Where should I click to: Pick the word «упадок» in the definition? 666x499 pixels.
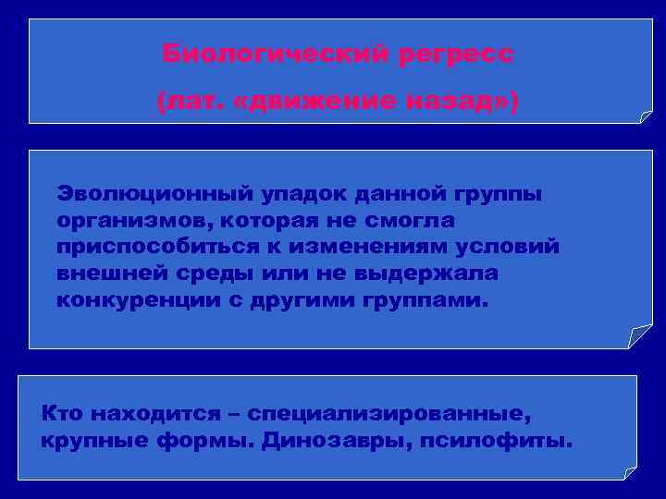point(311,195)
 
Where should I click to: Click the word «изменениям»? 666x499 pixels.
point(380,249)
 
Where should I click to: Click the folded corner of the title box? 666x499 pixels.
point(646,116)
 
